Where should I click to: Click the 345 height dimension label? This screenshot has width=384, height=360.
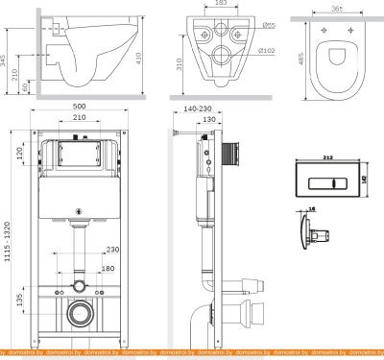point(6,63)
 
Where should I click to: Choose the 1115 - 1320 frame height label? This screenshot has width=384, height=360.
point(8,240)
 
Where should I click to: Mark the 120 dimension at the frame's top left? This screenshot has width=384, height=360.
point(20,154)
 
